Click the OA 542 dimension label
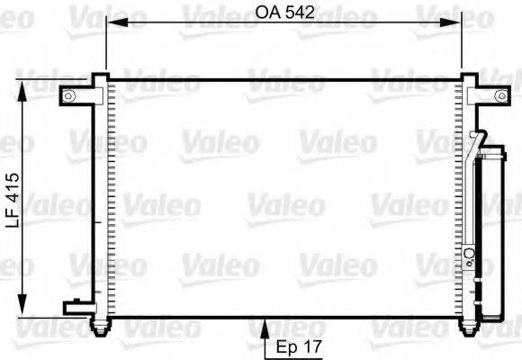(x=284, y=13)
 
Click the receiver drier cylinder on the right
(x=491, y=234)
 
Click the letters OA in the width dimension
(x=265, y=13)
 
